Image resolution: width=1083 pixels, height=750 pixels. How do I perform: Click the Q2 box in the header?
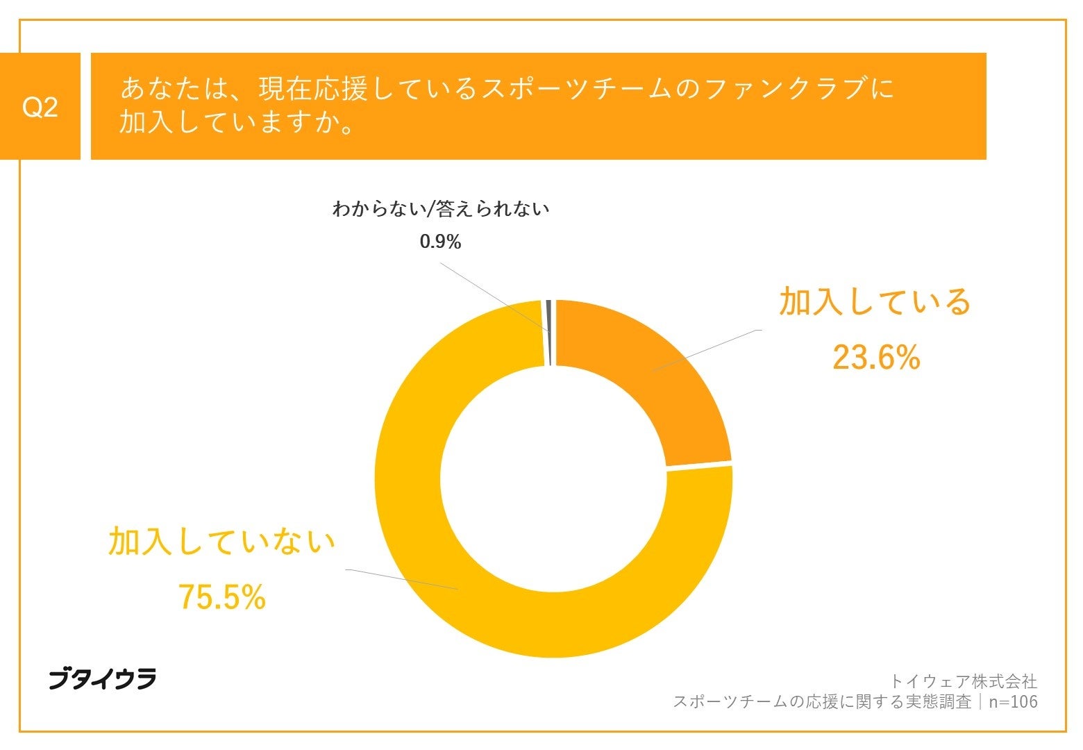coord(40,106)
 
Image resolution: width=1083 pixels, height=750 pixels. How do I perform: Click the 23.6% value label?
coord(875,358)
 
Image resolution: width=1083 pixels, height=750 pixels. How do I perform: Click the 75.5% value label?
coord(221,597)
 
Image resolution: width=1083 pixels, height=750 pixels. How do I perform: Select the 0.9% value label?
coord(440,242)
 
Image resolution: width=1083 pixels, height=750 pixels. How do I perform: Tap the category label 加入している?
coord(874,301)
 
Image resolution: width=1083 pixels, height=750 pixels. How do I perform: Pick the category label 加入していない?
coord(221,541)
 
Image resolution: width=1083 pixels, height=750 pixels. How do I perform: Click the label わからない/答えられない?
coord(440,208)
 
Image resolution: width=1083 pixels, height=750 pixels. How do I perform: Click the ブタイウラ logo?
coord(102,678)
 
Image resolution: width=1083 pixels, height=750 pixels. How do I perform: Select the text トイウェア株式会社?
coord(963,681)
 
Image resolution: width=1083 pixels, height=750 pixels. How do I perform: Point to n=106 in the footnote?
coord(1013,702)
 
